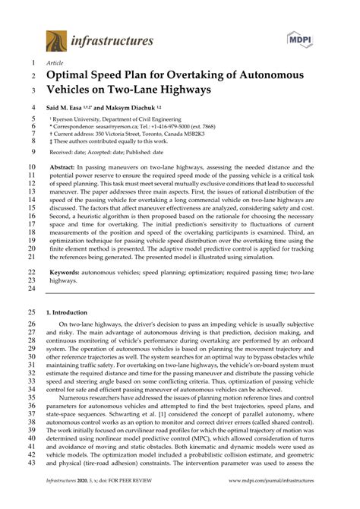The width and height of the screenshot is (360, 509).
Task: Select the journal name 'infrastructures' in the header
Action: tap(114, 40)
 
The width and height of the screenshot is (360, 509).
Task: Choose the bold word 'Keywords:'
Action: tap(68, 270)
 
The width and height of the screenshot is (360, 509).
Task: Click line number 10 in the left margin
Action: tap(30, 164)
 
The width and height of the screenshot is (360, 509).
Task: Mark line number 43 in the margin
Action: tap(30, 463)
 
